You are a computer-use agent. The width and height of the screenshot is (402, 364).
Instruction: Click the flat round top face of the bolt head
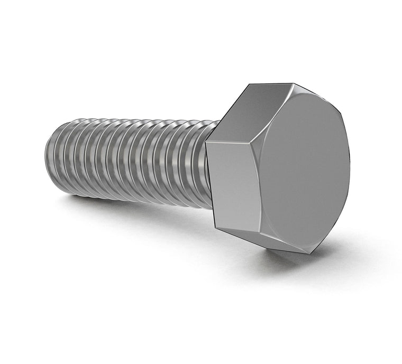tap(304, 169)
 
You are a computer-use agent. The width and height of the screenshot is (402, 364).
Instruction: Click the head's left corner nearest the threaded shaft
tap(206, 142)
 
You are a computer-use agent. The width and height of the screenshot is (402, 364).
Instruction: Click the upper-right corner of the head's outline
tap(339, 113)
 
